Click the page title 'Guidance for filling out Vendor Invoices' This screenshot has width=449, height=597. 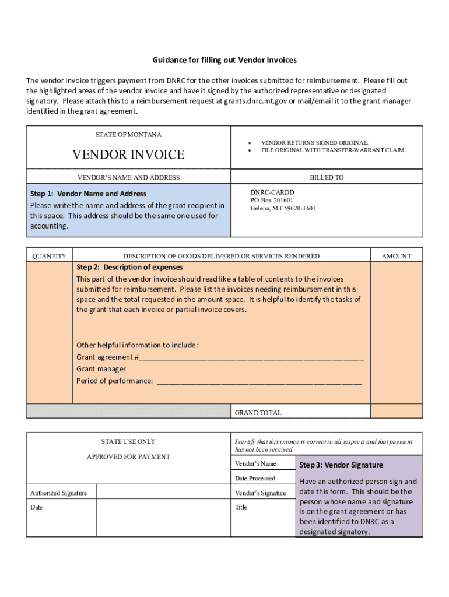[x=224, y=61]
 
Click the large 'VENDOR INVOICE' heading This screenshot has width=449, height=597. [x=128, y=154]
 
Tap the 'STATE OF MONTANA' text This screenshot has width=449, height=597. [x=128, y=135]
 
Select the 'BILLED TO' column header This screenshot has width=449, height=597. [x=327, y=177]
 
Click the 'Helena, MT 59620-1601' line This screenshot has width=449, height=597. [x=283, y=208]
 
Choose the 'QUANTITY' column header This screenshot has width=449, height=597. [x=49, y=256]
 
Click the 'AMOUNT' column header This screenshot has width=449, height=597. [x=397, y=256]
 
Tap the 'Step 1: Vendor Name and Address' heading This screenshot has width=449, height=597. [x=88, y=194]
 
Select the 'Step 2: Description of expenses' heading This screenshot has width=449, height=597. [x=129, y=267]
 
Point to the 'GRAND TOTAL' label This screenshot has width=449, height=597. [x=258, y=413]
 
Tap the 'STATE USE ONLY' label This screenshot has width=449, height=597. [x=128, y=442]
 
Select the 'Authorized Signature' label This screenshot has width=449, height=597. [x=58, y=493]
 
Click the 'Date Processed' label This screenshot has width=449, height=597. [x=255, y=478]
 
